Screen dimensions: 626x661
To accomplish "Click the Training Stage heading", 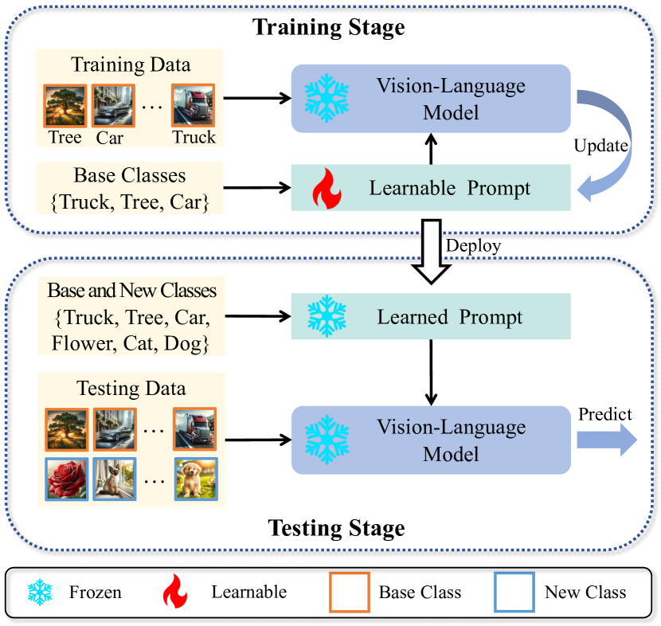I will click(x=329, y=28).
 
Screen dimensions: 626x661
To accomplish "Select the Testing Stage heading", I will click(x=336, y=528).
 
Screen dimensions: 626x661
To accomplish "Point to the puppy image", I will click(x=195, y=479).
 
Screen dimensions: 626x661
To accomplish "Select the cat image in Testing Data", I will click(x=114, y=479).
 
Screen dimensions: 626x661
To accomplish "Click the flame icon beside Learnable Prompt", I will click(x=326, y=189).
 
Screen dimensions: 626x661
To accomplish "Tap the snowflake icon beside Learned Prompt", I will click(x=327, y=317).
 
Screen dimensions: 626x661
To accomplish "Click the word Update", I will click(x=602, y=147).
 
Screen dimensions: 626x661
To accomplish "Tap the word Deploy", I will click(x=473, y=245).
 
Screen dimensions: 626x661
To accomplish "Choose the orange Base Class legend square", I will click(x=349, y=592).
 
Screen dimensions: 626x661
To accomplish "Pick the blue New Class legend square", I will click(x=514, y=592).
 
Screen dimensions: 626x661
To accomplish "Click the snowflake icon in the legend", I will click(x=41, y=592).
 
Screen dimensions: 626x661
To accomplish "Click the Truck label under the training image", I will click(x=194, y=137).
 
